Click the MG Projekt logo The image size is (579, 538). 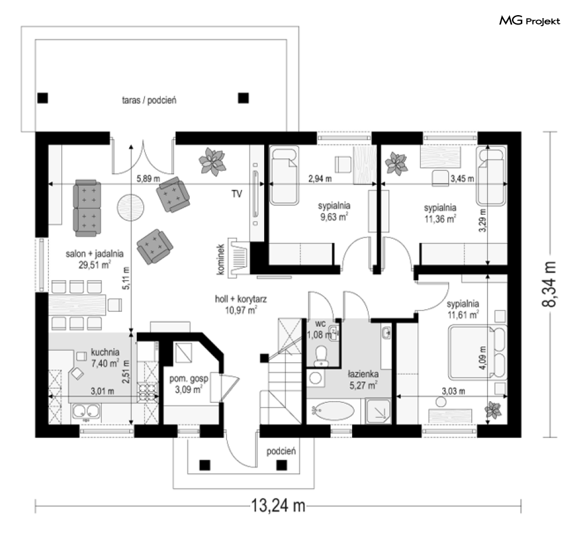pyautogui.click(x=530, y=21)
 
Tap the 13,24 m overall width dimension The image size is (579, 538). pyautogui.click(x=278, y=505)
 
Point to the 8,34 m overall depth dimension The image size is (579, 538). pyautogui.click(x=549, y=284)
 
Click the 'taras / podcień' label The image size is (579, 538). pyautogui.click(x=149, y=100)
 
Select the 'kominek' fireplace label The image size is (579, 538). pyautogui.click(x=221, y=259)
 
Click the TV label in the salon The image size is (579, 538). pyautogui.click(x=237, y=194)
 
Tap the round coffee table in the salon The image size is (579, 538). pyautogui.click(x=130, y=207)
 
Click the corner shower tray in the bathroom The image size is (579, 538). pyautogui.click(x=378, y=410)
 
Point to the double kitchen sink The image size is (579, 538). pyautogui.click(x=86, y=412)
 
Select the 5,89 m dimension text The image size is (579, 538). pyautogui.click(x=148, y=179)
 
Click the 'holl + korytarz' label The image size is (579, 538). pyautogui.click(x=241, y=299)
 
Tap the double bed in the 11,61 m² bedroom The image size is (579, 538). pyautogui.click(x=477, y=352)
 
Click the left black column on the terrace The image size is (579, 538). pyautogui.click(x=43, y=98)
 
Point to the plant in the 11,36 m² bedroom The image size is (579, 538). pyautogui.click(x=396, y=163)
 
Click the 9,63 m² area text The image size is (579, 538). pyautogui.click(x=334, y=217)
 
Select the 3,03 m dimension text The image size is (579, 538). pyautogui.click(x=453, y=391)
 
